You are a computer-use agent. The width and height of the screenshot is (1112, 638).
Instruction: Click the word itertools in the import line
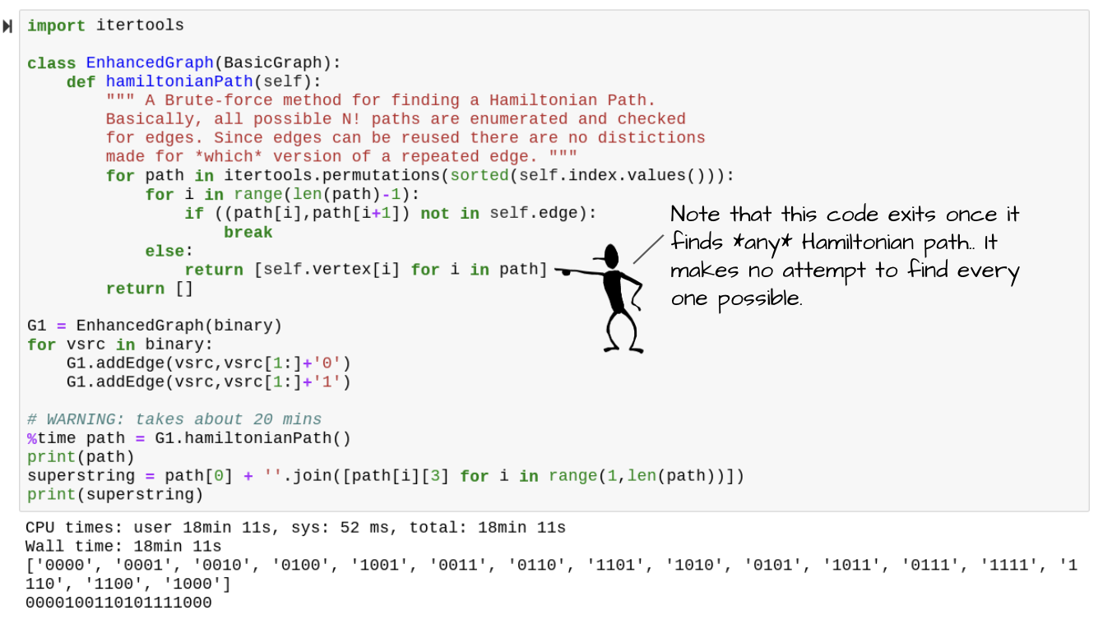pyautogui.click(x=140, y=25)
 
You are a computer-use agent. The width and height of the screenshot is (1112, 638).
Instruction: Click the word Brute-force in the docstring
pyautogui.click(x=223, y=100)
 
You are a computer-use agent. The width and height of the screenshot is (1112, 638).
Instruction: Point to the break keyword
pyautogui.click(x=248, y=233)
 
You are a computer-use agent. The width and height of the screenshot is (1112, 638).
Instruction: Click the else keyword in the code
pyautogui.click(x=164, y=252)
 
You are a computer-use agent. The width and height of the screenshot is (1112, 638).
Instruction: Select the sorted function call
pyautogui.click(x=480, y=176)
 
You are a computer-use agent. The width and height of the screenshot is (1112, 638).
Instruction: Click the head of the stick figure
pyautogui.click(x=610, y=255)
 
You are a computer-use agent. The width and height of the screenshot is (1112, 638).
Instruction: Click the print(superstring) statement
pyautogui.click(x=114, y=495)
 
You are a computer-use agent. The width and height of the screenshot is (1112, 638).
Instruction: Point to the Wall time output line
pyautogui.click(x=123, y=547)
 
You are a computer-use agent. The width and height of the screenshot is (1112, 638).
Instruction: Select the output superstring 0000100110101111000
pyautogui.click(x=118, y=603)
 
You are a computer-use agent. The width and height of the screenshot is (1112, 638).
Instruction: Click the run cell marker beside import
pyautogui.click(x=8, y=26)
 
